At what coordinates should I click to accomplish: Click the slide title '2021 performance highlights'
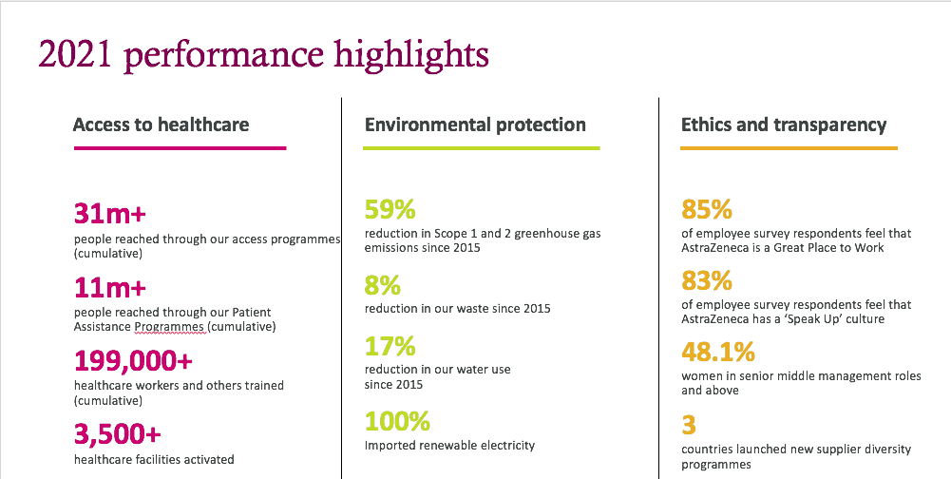(263, 55)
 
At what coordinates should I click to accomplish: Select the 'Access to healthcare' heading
(161, 125)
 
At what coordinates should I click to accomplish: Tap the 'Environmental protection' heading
(475, 125)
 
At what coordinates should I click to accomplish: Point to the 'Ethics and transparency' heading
(784, 125)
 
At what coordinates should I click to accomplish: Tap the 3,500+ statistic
(118, 435)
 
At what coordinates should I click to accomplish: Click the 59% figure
(390, 210)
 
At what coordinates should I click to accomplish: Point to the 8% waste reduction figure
(383, 285)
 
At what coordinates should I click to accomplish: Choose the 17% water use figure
(390, 346)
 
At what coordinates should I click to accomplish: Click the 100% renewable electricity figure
(397, 421)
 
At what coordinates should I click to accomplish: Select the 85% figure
(707, 210)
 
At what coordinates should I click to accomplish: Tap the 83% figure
(707, 281)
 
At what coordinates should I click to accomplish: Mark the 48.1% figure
(718, 353)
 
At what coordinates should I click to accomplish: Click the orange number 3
(689, 425)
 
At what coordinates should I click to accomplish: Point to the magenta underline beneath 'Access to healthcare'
(180, 147)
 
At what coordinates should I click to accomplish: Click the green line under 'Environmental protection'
(481, 148)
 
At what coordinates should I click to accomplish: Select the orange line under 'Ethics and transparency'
(789, 148)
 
